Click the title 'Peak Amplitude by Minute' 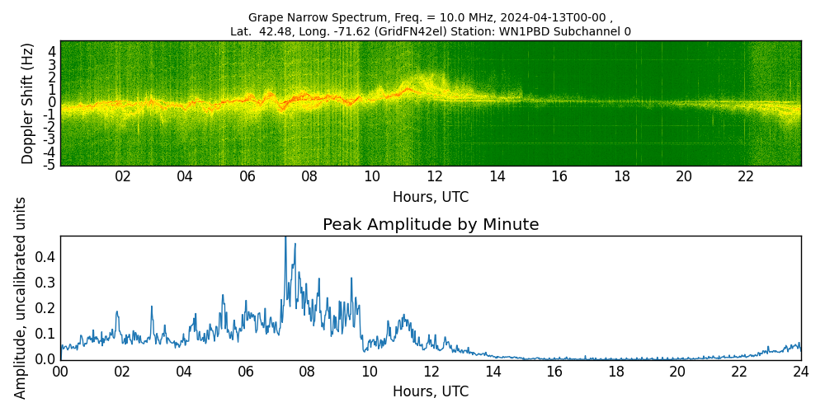pos(431,225)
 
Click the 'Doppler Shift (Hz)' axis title pos(28,103)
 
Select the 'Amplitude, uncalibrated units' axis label pos(21,297)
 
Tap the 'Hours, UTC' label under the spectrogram pos(431,198)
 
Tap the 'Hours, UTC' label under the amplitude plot pos(431,391)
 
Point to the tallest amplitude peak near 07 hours pos(285,238)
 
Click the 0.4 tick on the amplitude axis pos(45,257)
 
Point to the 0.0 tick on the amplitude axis pos(45,359)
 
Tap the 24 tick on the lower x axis pos(801,372)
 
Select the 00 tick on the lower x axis pos(60,372)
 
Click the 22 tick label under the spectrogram pos(746,177)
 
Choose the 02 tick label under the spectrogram pos(123,177)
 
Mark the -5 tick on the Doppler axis pos(50,165)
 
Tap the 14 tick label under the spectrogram pos(497,177)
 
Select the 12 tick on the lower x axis pos(431,372)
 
